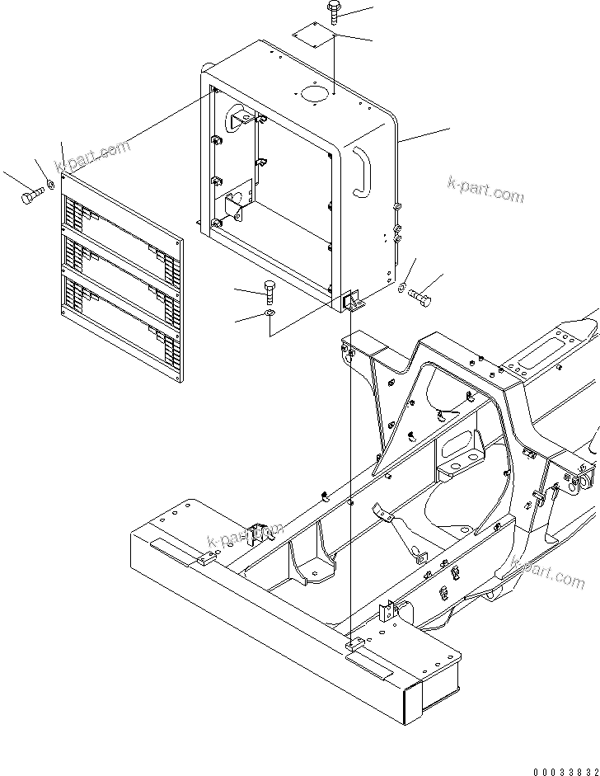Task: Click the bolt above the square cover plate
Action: pos(333,10)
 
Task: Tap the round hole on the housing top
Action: pos(314,95)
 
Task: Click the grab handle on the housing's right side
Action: pos(361,170)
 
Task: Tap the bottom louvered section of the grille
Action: pos(121,320)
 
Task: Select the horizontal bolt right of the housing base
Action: pos(420,296)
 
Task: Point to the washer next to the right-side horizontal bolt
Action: pos(401,289)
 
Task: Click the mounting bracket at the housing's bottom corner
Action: pos(352,302)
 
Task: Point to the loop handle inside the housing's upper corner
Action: pos(239,117)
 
